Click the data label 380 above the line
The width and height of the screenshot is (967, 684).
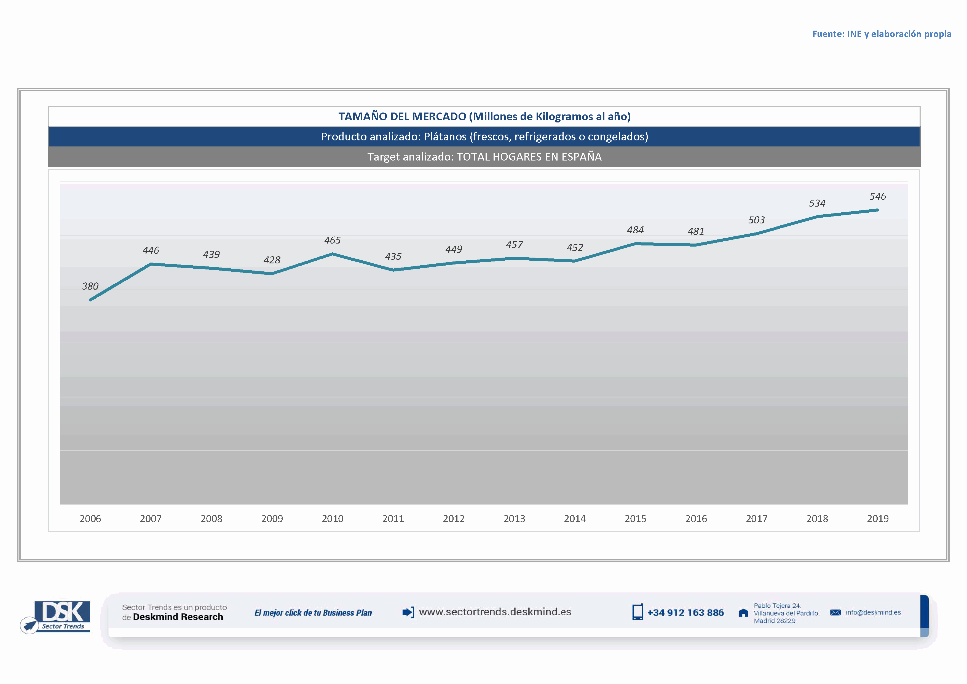point(90,286)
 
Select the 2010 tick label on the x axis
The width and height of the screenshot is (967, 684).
point(332,519)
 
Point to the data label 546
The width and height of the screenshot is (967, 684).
point(877,196)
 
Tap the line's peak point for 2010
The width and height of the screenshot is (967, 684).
point(332,254)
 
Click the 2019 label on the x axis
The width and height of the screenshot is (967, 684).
point(877,519)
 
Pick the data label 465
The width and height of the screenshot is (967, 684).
point(332,240)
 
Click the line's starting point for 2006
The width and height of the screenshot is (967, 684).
point(90,300)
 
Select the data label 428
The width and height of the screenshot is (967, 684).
point(272,260)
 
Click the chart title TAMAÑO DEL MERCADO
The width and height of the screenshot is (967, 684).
point(484,116)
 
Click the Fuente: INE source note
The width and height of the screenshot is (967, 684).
point(882,34)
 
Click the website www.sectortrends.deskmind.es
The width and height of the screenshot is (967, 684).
point(495,612)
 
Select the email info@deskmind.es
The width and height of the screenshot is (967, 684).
point(873,612)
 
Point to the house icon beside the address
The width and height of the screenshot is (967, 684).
point(743,613)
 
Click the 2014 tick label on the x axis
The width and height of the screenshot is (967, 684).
point(574,519)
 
